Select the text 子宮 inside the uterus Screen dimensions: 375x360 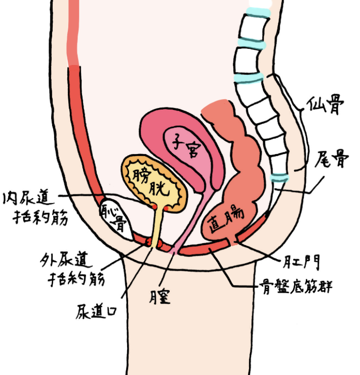186,145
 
